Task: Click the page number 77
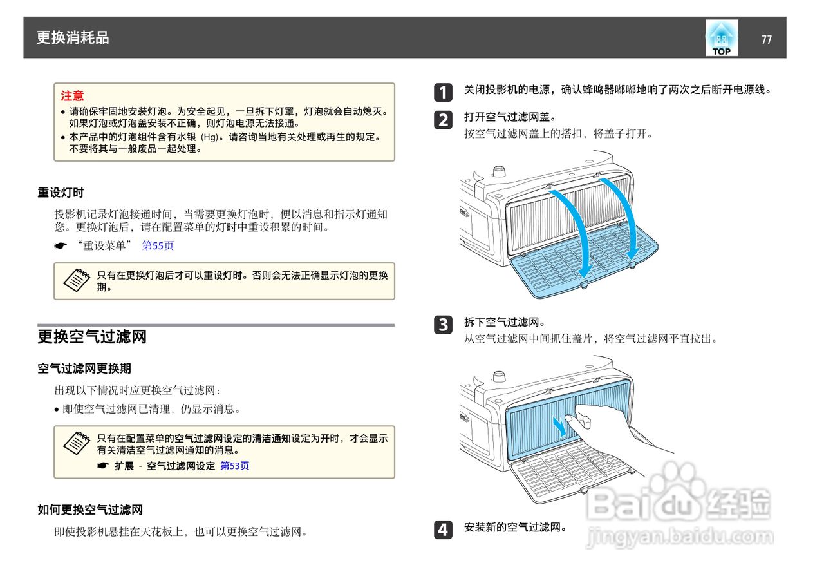tap(766, 40)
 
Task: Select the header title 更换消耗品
tap(73, 38)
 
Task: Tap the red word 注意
tap(72, 96)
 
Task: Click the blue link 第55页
tap(158, 245)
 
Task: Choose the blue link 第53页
tap(235, 466)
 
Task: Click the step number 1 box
tap(442, 92)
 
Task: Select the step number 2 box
tap(442, 120)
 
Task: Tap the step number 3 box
tap(442, 324)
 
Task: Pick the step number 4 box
tap(442, 530)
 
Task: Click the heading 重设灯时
tap(61, 193)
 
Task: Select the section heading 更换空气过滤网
tap(92, 337)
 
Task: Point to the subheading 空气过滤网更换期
tap(84, 368)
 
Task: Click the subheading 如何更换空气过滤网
tap(89, 510)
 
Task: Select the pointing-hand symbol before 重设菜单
tap(61, 246)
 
